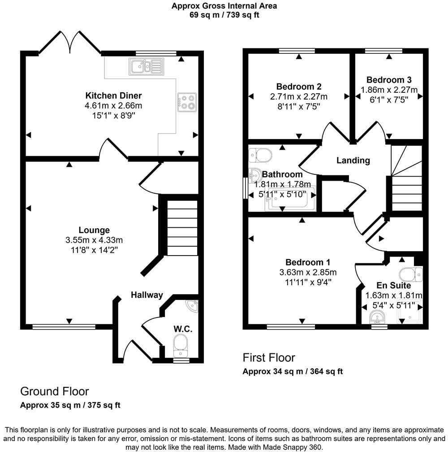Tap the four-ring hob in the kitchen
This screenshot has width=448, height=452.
pyautogui.click(x=187, y=102)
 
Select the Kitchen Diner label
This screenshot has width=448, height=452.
pyautogui.click(x=113, y=96)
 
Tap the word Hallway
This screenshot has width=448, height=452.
pyautogui.click(x=146, y=295)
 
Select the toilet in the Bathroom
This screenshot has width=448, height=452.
pyautogui.click(x=260, y=155)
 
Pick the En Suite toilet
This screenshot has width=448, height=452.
pyautogui.click(x=410, y=274)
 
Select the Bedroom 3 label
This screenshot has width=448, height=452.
pyautogui.click(x=385, y=80)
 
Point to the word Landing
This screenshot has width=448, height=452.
pyautogui.click(x=353, y=160)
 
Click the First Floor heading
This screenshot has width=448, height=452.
pyautogui.click(x=269, y=357)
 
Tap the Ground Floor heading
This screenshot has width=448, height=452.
pyautogui.click(x=55, y=391)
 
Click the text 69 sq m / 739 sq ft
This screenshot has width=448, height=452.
pyautogui.click(x=224, y=15)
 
